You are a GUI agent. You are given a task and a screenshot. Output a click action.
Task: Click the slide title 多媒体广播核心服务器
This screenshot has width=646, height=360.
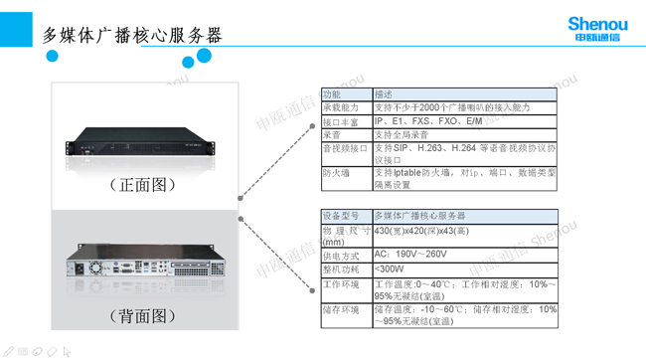click(x=131, y=36)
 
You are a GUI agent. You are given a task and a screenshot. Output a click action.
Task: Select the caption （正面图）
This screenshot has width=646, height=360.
click(x=144, y=185)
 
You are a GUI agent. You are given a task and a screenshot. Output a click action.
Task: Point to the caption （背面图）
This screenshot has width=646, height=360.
click(x=144, y=316)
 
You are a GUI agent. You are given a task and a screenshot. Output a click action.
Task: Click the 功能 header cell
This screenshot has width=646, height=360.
click(x=333, y=94)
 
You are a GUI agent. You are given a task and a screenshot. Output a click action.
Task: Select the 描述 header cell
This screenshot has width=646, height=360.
click(x=384, y=94)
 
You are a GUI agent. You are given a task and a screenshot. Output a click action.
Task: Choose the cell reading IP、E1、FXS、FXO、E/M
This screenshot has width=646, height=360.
click(x=428, y=121)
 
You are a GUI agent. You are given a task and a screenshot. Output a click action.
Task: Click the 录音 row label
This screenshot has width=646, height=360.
click(x=332, y=134)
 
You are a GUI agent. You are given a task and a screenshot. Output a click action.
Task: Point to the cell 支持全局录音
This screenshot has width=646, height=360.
click(x=402, y=134)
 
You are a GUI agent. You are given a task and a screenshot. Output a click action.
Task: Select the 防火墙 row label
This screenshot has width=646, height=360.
click(x=336, y=172)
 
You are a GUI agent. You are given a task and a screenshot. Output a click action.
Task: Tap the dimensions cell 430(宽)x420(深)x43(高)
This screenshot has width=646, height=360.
click(x=421, y=231)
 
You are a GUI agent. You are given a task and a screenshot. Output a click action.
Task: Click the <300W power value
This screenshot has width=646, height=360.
click(x=390, y=269)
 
